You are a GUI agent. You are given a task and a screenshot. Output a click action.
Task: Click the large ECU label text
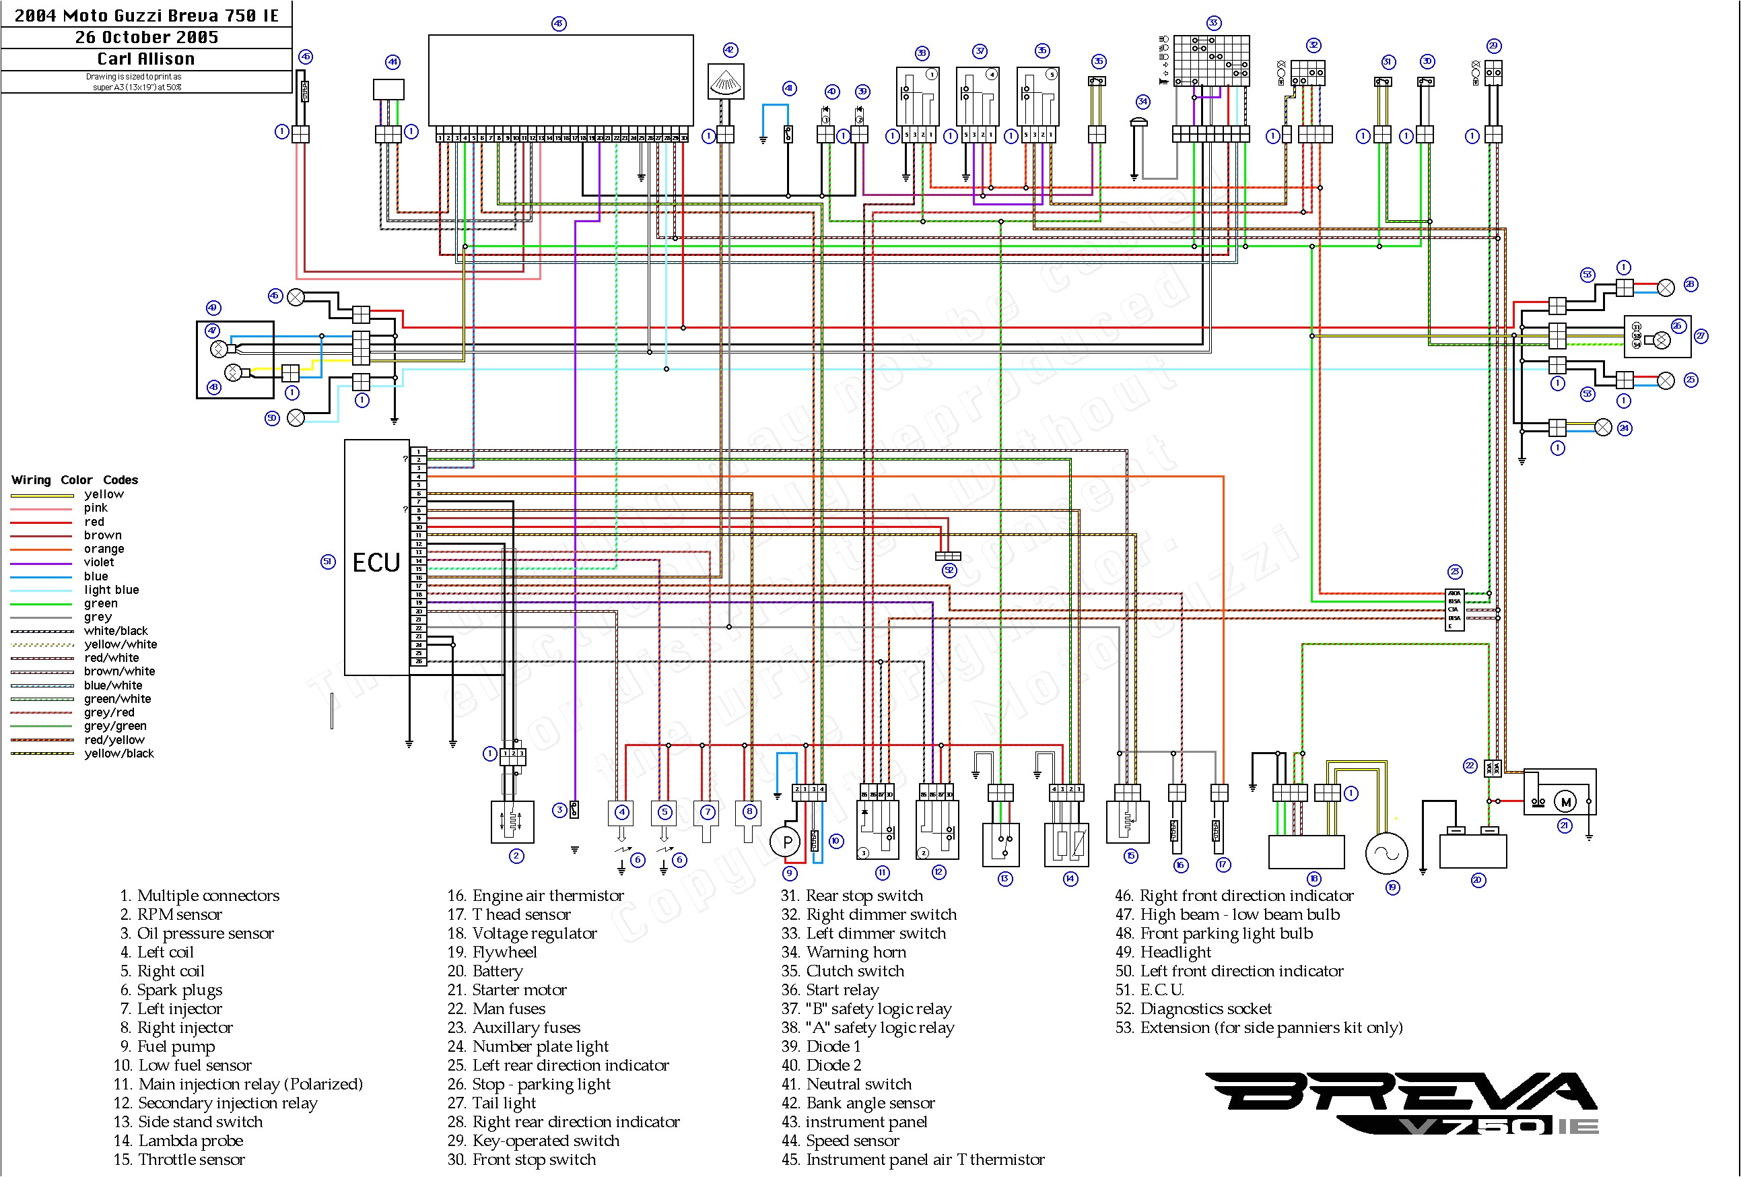[x=376, y=563]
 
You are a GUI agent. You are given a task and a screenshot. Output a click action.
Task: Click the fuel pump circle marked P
[x=786, y=842]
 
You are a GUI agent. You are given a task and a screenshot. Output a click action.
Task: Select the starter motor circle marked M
[x=1565, y=803]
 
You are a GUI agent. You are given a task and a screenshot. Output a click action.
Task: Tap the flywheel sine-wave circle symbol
[x=1387, y=853]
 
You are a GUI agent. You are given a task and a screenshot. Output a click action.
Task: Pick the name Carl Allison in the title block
[x=146, y=59]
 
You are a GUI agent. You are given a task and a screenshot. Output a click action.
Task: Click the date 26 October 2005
[x=146, y=38]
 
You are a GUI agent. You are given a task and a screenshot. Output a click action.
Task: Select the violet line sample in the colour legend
[x=41, y=564]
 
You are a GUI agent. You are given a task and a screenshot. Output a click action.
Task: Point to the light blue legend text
[x=111, y=591]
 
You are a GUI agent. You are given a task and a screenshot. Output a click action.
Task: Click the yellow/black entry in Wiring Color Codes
[x=118, y=753]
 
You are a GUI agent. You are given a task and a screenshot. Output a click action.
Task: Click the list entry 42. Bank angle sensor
[x=858, y=1103]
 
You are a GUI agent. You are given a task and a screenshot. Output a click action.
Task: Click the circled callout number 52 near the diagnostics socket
[x=949, y=571]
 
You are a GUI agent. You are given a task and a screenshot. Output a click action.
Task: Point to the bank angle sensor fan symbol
[x=726, y=81]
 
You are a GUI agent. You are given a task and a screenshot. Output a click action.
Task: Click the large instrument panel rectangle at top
[x=560, y=80]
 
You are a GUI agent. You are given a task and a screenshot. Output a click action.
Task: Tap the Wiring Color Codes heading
[x=74, y=480]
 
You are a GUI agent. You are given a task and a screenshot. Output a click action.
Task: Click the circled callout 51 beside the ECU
[x=328, y=562]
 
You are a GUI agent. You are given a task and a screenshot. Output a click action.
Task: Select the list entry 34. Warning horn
[x=844, y=952]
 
